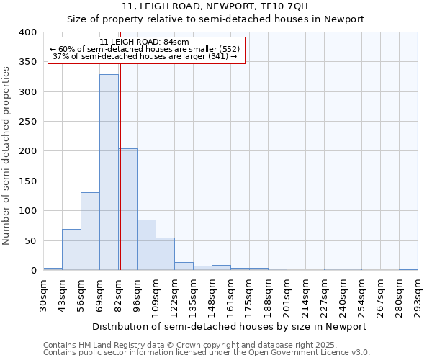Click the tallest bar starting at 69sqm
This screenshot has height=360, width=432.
(109, 173)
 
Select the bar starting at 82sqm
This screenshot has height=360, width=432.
(127, 210)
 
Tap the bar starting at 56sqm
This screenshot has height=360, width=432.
(90, 231)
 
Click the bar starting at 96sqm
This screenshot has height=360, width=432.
(146, 245)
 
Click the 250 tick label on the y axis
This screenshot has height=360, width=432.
(27, 122)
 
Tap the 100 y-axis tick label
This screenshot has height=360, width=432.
(27, 211)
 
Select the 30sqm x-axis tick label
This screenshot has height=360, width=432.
(43, 294)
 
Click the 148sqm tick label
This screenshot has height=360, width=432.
(212, 294)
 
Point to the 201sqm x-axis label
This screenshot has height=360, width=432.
(287, 294)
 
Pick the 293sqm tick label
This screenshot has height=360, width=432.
(418, 294)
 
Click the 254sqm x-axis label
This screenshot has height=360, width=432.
(361, 294)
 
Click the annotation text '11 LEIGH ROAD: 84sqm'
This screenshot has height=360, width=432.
(144, 42)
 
